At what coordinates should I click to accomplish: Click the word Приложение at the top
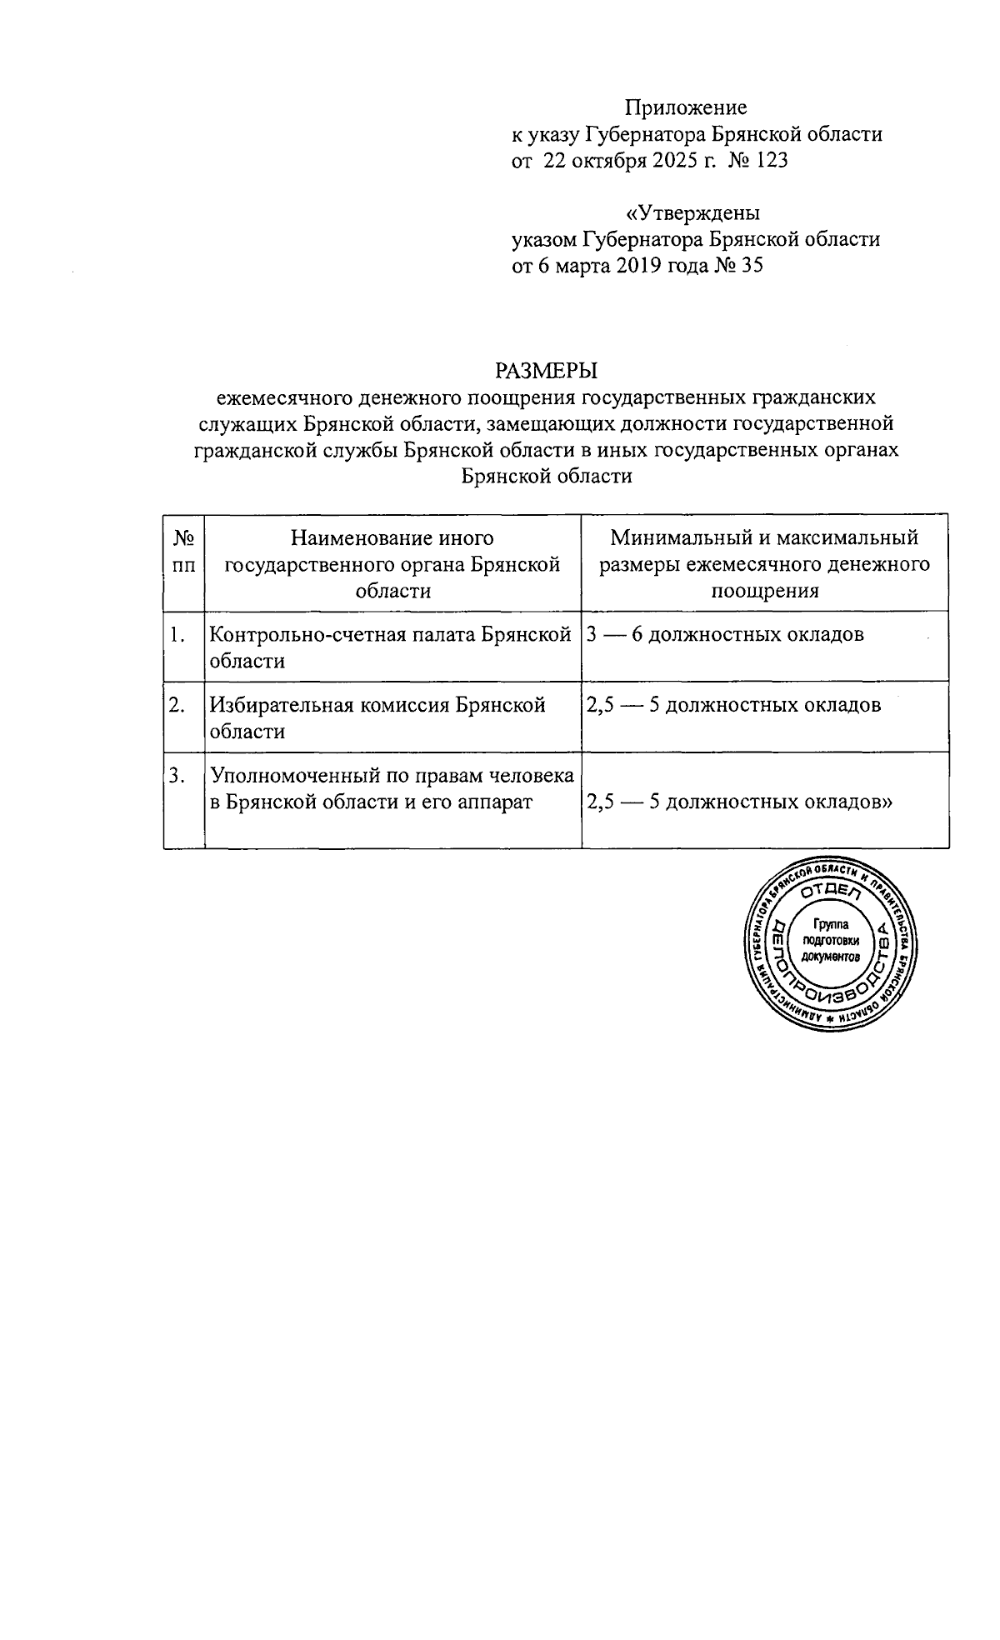click(686, 107)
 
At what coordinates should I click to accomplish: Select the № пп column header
click(184, 552)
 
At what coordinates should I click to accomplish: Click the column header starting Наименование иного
click(392, 564)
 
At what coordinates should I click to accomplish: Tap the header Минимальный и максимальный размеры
click(764, 564)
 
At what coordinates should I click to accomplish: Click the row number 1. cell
click(177, 635)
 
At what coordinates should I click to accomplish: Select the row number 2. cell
click(177, 706)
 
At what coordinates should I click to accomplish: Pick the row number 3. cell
click(177, 777)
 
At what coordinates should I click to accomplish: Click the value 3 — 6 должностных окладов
click(725, 635)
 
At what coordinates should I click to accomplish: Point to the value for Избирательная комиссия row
click(733, 706)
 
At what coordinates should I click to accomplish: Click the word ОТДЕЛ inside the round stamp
click(830, 892)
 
